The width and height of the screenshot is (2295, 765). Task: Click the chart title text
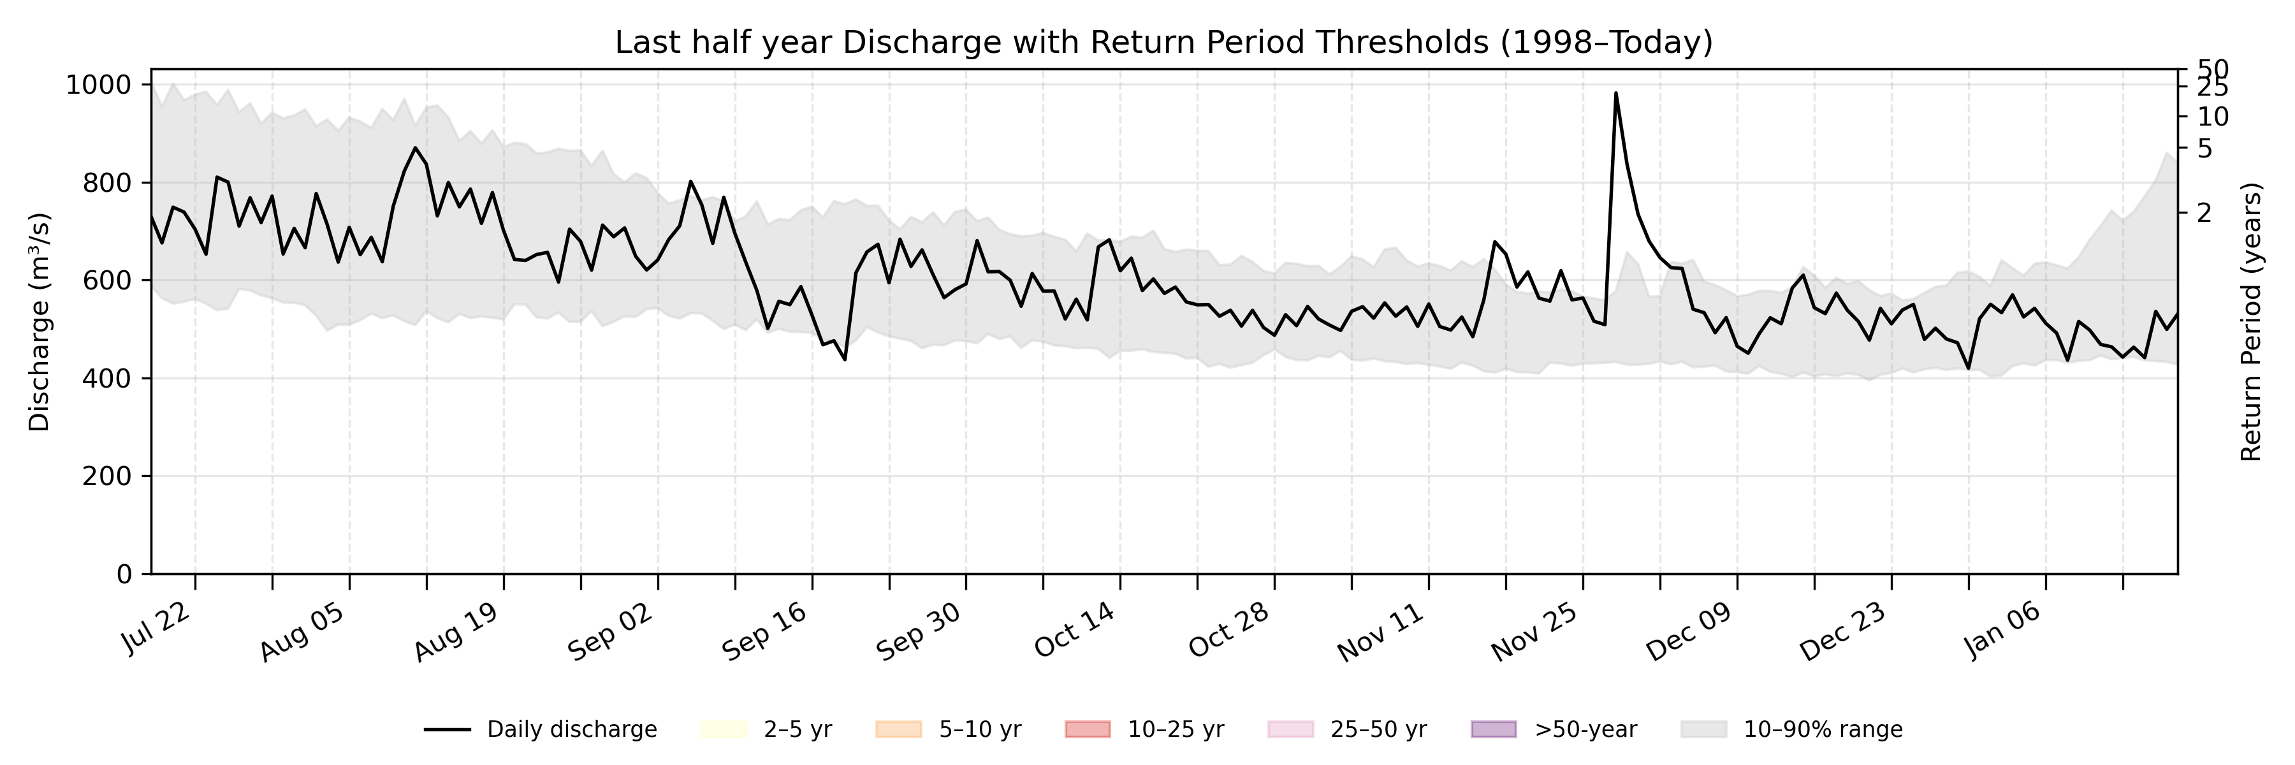pos(1163,42)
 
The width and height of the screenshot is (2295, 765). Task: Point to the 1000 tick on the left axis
pos(98,85)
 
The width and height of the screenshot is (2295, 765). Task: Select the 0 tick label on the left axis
pos(124,574)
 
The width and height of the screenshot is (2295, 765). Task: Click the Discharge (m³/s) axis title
pos(39,321)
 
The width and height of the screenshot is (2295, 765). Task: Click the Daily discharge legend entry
pos(540,729)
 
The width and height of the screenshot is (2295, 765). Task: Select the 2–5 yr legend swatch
pos(724,729)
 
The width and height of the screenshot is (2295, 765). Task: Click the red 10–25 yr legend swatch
pos(1088,729)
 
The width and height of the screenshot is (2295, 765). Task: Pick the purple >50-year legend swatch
pos(1493,729)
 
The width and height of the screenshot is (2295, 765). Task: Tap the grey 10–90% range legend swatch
pos(1703,729)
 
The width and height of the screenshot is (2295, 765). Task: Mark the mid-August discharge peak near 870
pos(415,148)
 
